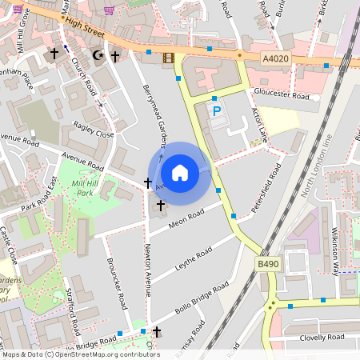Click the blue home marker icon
(180, 172)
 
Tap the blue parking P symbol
(215, 111)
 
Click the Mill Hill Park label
(85, 189)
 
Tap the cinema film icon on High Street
(168, 57)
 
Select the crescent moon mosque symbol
(98, 55)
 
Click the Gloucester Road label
(289, 96)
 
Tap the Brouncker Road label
(117, 284)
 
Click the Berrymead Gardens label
(154, 116)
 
